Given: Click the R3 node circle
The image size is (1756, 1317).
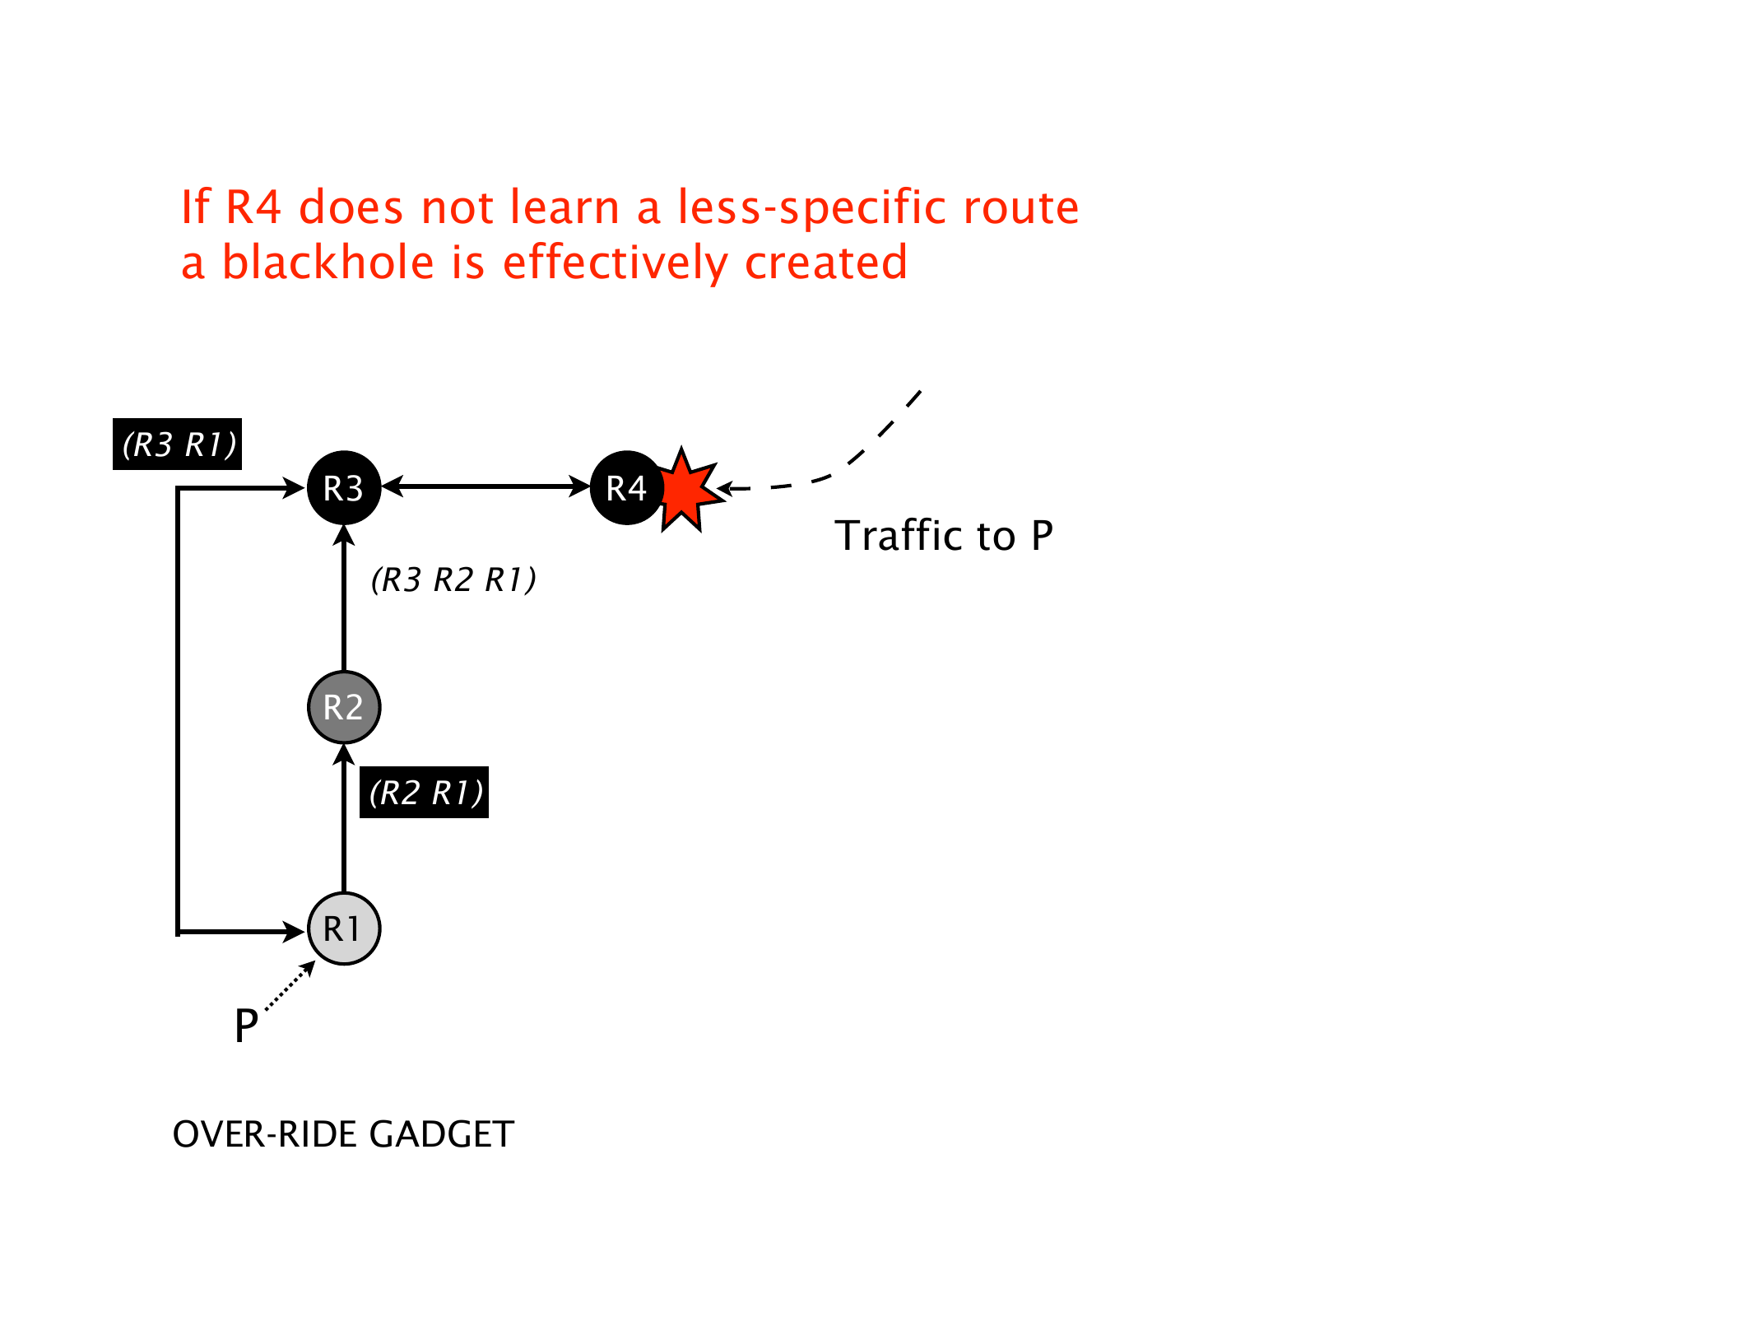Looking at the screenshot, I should pos(343,488).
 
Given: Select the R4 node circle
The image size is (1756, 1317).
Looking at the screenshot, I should pos(626,488).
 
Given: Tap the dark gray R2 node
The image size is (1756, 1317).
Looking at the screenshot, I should pos(343,707).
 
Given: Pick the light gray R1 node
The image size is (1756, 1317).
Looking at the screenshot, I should pos(343,928).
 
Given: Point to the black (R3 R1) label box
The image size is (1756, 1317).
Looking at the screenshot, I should pos(177,444).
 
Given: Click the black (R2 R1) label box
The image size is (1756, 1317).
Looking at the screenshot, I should pos(424,793).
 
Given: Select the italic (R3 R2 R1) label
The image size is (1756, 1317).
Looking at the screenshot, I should pos(453,580).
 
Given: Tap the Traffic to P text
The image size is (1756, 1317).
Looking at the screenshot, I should pos(943,536).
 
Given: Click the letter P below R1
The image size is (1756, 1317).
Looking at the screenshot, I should pos(246,1026).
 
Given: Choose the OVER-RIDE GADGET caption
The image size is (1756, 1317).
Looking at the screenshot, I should pos(343,1134).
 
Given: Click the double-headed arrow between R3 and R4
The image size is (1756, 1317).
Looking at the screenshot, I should pos(485,486).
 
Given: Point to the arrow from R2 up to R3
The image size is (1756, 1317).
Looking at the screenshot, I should pos(344,601).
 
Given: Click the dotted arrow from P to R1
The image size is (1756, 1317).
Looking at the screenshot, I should pos(290,985).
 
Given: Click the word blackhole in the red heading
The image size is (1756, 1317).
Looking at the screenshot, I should pos(328,263).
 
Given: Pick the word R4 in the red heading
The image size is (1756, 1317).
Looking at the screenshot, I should pos(253,207).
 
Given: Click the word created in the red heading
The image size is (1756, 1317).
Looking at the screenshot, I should pos(825,263).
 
